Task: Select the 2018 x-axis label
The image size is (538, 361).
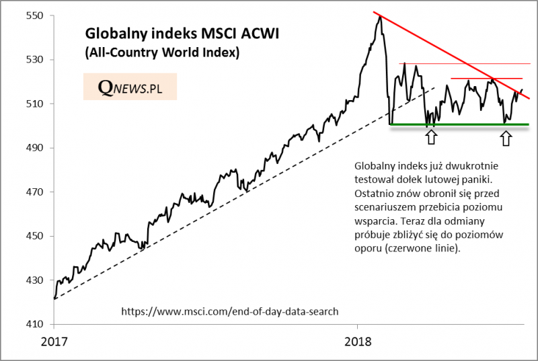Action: point(356,341)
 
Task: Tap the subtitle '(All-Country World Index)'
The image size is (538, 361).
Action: point(162,52)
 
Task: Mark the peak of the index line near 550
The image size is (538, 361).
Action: point(380,16)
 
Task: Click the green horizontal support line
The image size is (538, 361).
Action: point(457,124)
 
